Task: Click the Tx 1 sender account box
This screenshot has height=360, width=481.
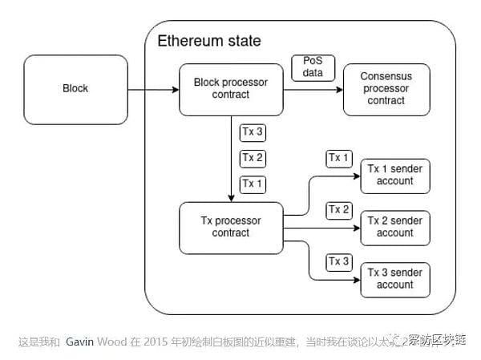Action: (x=395, y=175)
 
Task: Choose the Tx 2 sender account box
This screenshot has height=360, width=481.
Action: (x=395, y=227)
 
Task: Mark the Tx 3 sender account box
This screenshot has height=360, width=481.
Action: (x=395, y=279)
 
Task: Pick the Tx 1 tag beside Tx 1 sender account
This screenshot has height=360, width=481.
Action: (x=338, y=158)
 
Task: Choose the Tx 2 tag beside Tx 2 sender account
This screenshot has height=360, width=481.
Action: (x=338, y=210)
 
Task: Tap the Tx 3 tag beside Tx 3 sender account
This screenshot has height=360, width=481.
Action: (x=338, y=262)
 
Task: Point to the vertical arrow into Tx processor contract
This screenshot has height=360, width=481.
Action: (x=231, y=160)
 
